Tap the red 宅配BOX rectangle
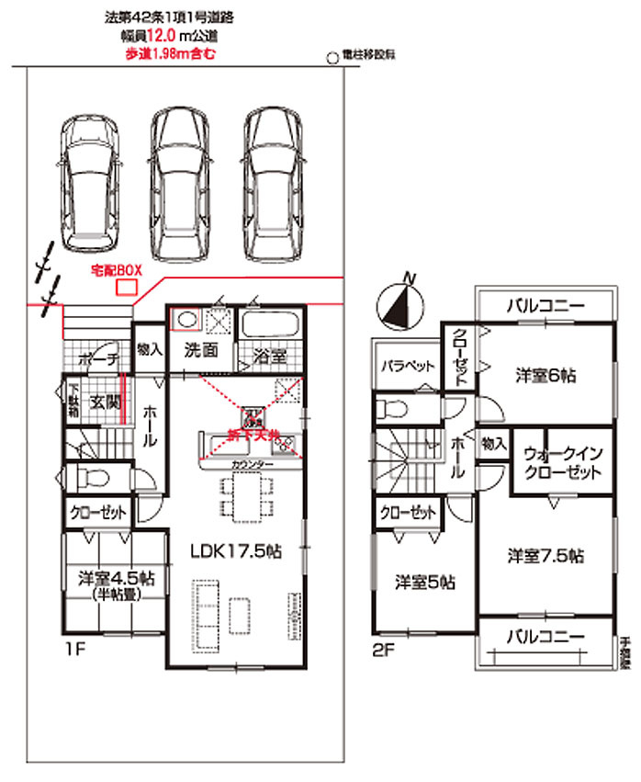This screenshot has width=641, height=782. pyautogui.click(x=124, y=288)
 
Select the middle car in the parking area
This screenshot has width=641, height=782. pyautogui.click(x=182, y=184)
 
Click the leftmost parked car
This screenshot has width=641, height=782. pyautogui.click(x=89, y=184)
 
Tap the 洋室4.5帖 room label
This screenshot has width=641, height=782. pyautogui.click(x=115, y=579)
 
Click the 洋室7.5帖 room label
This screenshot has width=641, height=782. pyautogui.click(x=545, y=555)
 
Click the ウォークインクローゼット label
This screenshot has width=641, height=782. pyautogui.click(x=563, y=462)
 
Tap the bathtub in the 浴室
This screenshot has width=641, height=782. pyautogui.click(x=271, y=326)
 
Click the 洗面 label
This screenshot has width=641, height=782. pyautogui.click(x=200, y=350)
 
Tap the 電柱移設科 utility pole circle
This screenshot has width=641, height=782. pyautogui.click(x=332, y=56)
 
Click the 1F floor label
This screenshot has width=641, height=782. pyautogui.click(x=74, y=649)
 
